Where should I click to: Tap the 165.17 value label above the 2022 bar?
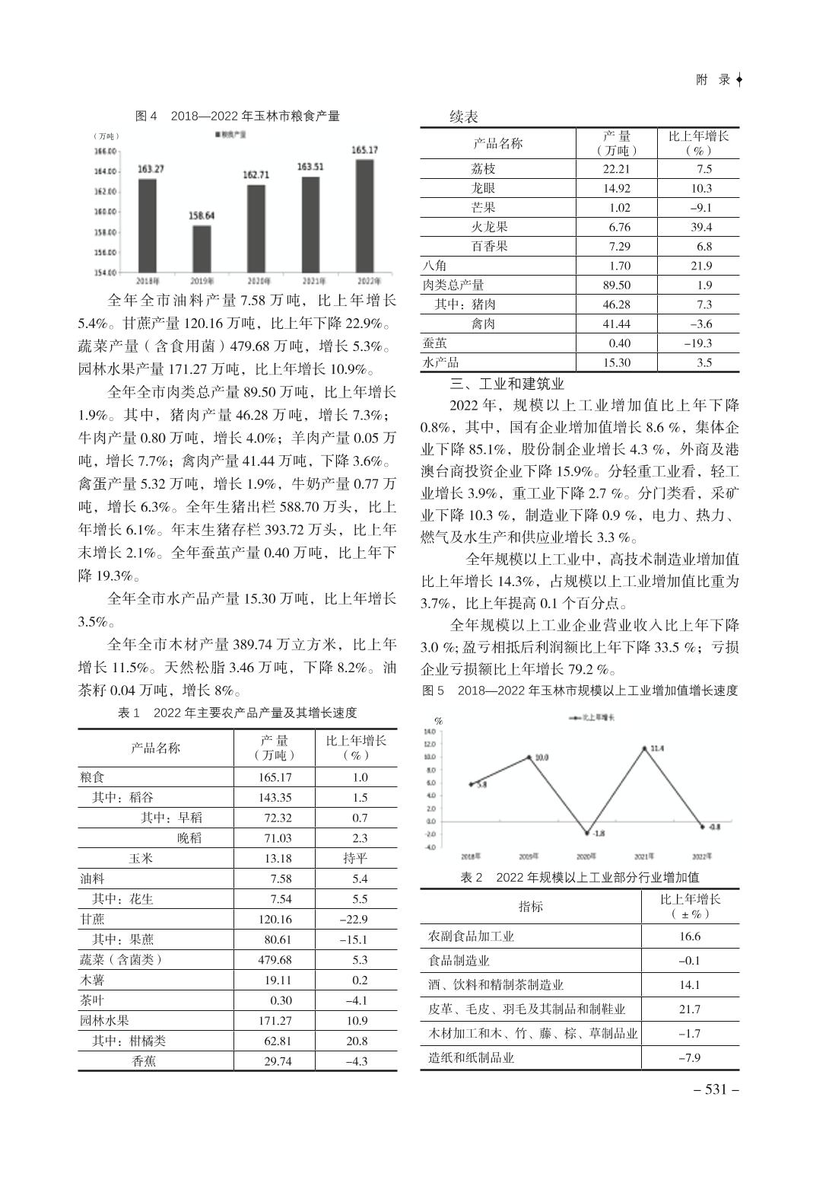[365, 150]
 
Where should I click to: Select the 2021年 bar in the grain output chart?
[310, 224]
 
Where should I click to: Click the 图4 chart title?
[237, 116]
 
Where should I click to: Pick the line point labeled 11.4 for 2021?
[644, 748]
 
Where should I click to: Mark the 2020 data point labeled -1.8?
[586, 834]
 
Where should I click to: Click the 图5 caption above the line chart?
[580, 690]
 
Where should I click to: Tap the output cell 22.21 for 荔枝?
[616, 169]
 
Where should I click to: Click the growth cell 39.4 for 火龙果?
[699, 227]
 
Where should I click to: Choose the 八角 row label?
[435, 266]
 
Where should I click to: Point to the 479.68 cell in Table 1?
[275, 960]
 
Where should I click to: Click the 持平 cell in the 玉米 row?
[355, 858]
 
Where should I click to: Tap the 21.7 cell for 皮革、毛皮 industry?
[690, 1009]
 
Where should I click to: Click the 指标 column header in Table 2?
[530, 906]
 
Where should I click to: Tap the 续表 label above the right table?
[463, 116]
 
